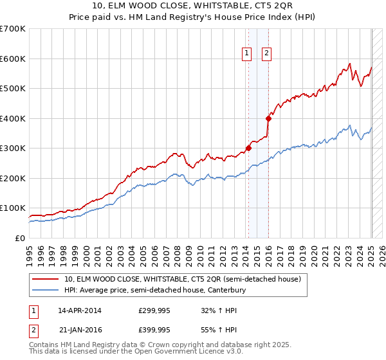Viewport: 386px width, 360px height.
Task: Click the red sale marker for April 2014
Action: tap(248, 148)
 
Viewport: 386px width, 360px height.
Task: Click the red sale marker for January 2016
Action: tap(268, 118)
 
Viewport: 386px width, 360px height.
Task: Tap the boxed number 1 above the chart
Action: tap(247, 54)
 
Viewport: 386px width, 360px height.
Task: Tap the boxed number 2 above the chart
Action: tap(266, 54)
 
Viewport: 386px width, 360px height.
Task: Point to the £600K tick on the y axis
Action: tap(14, 59)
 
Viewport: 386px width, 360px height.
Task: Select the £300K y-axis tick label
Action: tap(14, 148)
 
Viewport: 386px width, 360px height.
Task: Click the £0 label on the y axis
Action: tap(20, 238)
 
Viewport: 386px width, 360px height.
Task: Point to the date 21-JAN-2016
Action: tap(80, 330)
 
